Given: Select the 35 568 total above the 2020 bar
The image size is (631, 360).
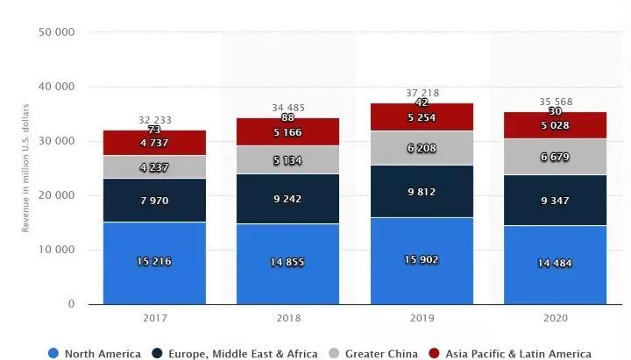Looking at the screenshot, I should pyautogui.click(x=556, y=102).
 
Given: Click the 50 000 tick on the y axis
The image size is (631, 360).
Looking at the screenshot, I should pyautogui.click(x=57, y=32).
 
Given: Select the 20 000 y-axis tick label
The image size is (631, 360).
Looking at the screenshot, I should pyautogui.click(x=57, y=195).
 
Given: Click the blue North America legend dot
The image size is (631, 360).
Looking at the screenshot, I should pyautogui.click(x=54, y=353).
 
